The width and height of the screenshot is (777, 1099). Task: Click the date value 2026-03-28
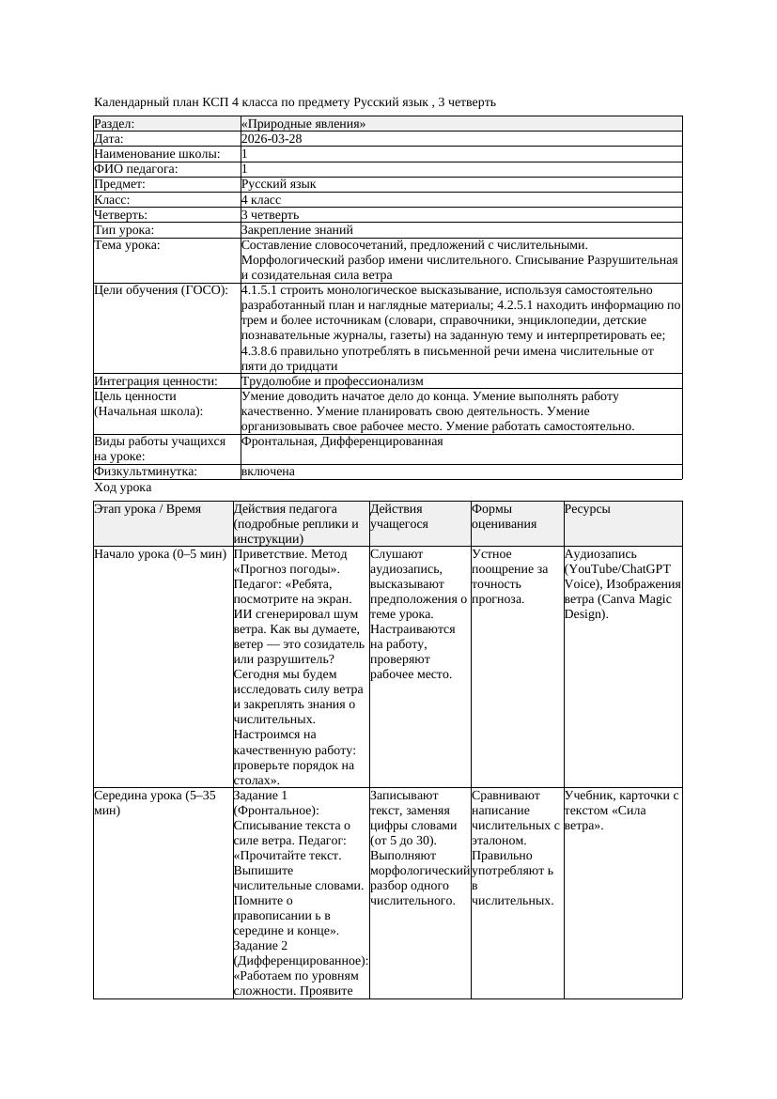tap(272, 139)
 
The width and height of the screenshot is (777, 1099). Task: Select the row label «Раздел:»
tap(115, 124)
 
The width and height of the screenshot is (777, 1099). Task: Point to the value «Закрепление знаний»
tap(297, 229)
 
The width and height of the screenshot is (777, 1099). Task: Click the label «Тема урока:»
tap(128, 245)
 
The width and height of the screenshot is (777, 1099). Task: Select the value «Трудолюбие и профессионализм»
tap(332, 381)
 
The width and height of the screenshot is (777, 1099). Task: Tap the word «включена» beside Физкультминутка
tap(268, 472)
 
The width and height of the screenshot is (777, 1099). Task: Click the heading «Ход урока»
tap(123, 488)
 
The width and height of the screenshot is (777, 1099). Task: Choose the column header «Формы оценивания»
tap(504, 517)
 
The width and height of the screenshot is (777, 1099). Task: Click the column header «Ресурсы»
tap(587, 509)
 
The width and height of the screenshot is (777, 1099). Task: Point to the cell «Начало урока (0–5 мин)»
tap(160, 554)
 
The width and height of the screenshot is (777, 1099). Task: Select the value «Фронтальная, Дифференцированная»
tap(342, 441)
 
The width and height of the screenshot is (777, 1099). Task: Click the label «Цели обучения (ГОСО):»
tap(161, 290)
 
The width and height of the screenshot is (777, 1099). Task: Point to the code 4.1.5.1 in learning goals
tap(260, 290)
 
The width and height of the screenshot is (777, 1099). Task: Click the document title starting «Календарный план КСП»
tap(295, 101)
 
